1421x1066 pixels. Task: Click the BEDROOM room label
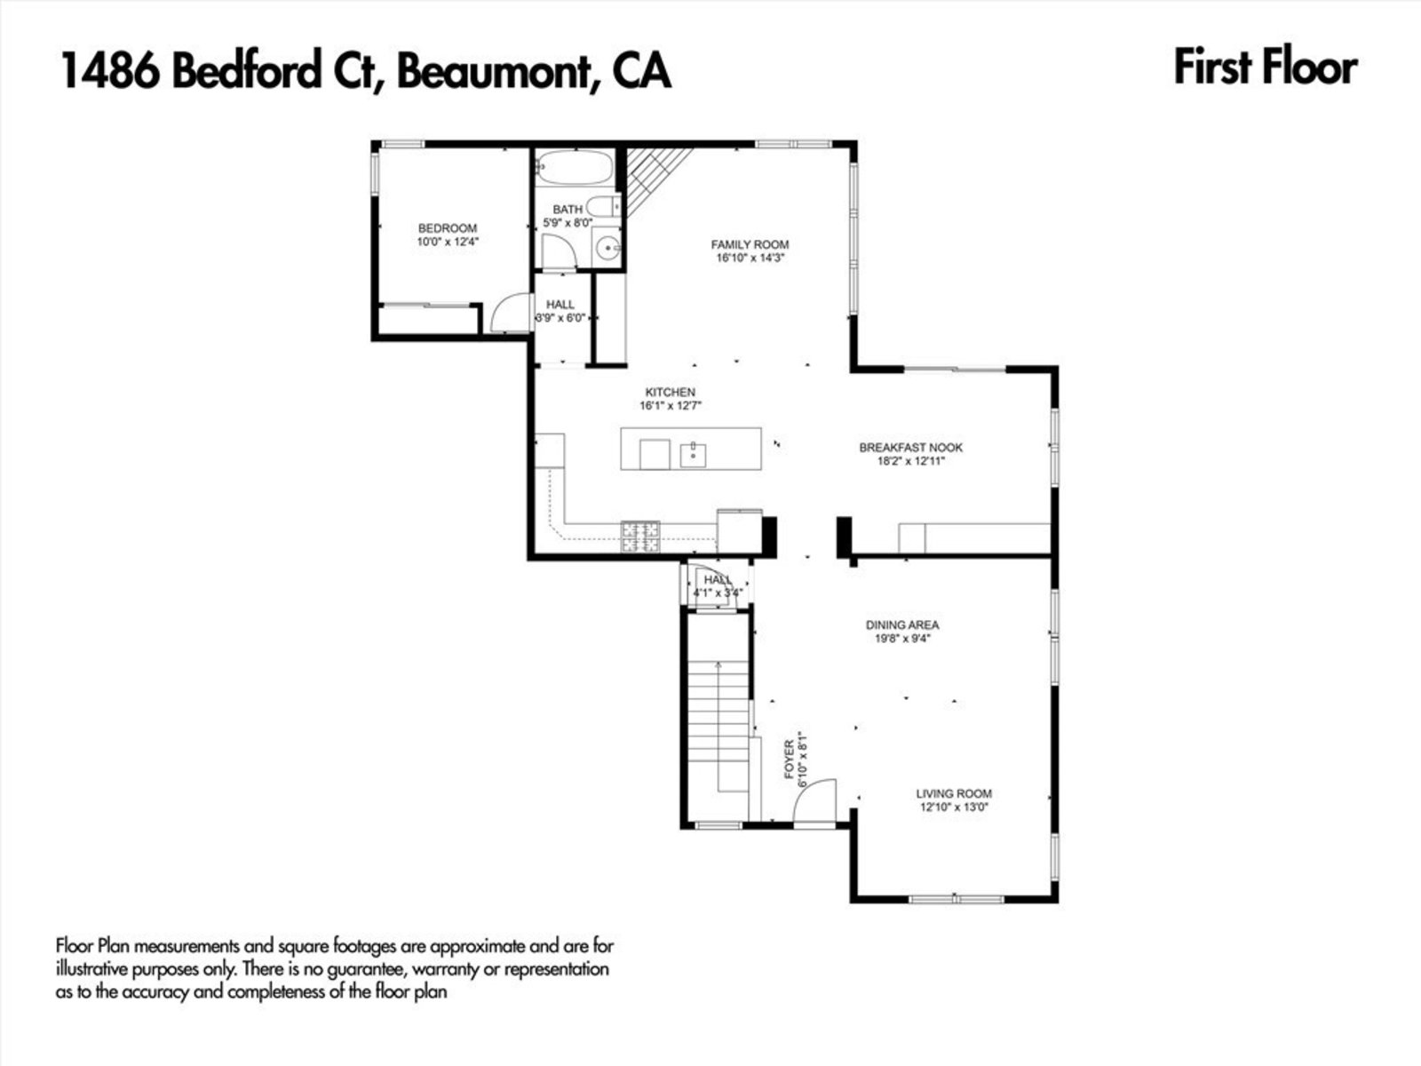(448, 228)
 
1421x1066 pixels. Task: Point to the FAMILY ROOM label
(750, 244)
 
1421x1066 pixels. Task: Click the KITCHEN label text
(670, 392)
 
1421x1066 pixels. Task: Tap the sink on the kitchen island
(693, 455)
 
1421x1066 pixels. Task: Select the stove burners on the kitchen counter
(641, 536)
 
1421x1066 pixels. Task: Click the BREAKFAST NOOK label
(910, 448)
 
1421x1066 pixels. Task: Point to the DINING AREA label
(902, 624)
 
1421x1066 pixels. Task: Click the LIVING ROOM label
(954, 793)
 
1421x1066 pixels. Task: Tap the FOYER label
(789, 760)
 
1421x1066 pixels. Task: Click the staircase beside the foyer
(717, 720)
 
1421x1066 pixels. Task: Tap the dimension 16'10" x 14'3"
(750, 259)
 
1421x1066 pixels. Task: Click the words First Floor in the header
(1265, 68)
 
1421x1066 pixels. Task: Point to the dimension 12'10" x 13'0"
(954, 807)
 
